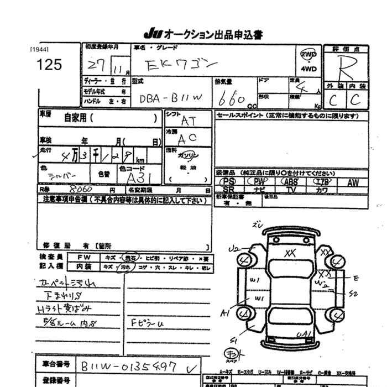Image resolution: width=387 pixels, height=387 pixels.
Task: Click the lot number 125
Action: (49, 65)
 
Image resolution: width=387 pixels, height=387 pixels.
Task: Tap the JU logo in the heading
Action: (153, 35)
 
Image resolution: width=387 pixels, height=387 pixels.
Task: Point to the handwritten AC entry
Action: (187, 138)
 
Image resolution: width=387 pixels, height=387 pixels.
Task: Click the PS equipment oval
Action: (228, 181)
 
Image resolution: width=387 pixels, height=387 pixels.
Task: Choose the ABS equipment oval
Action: (290, 181)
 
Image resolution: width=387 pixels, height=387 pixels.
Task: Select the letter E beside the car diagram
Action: (355, 277)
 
